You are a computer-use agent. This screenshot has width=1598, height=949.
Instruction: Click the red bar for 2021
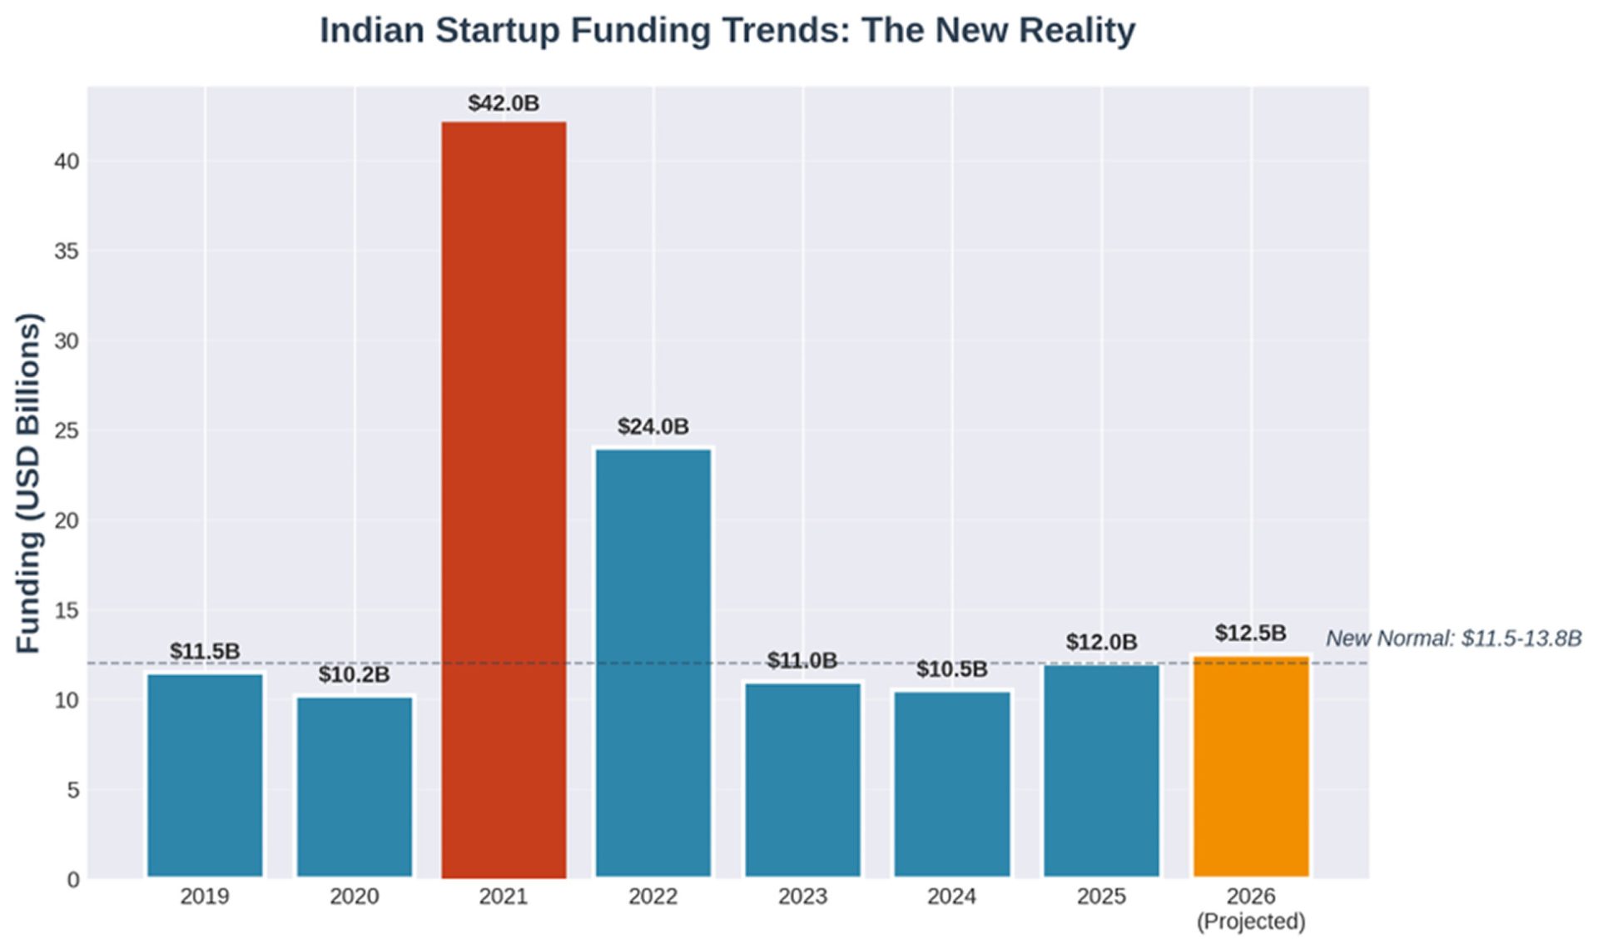tap(504, 499)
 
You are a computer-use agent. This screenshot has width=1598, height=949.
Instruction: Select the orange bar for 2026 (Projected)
tap(1250, 766)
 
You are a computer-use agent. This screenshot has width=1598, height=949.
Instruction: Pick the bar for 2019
tap(205, 774)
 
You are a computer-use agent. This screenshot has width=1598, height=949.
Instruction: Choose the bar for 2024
tap(952, 783)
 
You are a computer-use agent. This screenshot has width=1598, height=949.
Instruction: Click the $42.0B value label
tap(504, 103)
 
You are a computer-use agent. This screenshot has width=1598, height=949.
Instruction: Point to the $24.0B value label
tap(653, 427)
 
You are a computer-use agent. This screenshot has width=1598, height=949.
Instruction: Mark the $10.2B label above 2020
tap(354, 674)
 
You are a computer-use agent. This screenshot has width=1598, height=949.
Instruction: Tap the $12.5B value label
tap(1250, 633)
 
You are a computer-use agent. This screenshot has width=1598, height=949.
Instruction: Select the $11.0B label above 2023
tap(801, 661)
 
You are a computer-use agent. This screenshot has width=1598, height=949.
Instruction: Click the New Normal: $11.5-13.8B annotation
tap(1453, 638)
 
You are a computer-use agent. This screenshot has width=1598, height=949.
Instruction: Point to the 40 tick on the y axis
tap(67, 161)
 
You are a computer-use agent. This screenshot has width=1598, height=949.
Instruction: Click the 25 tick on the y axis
tap(67, 431)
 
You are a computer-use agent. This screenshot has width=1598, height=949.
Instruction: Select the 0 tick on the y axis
tap(73, 880)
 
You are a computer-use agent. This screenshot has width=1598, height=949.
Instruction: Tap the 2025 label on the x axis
tap(1101, 897)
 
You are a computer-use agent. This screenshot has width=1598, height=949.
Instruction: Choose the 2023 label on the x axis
tap(802, 897)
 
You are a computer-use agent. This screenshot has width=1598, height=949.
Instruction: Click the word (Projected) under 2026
tap(1250, 922)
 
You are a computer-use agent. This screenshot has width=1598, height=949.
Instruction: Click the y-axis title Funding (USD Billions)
tap(28, 483)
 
